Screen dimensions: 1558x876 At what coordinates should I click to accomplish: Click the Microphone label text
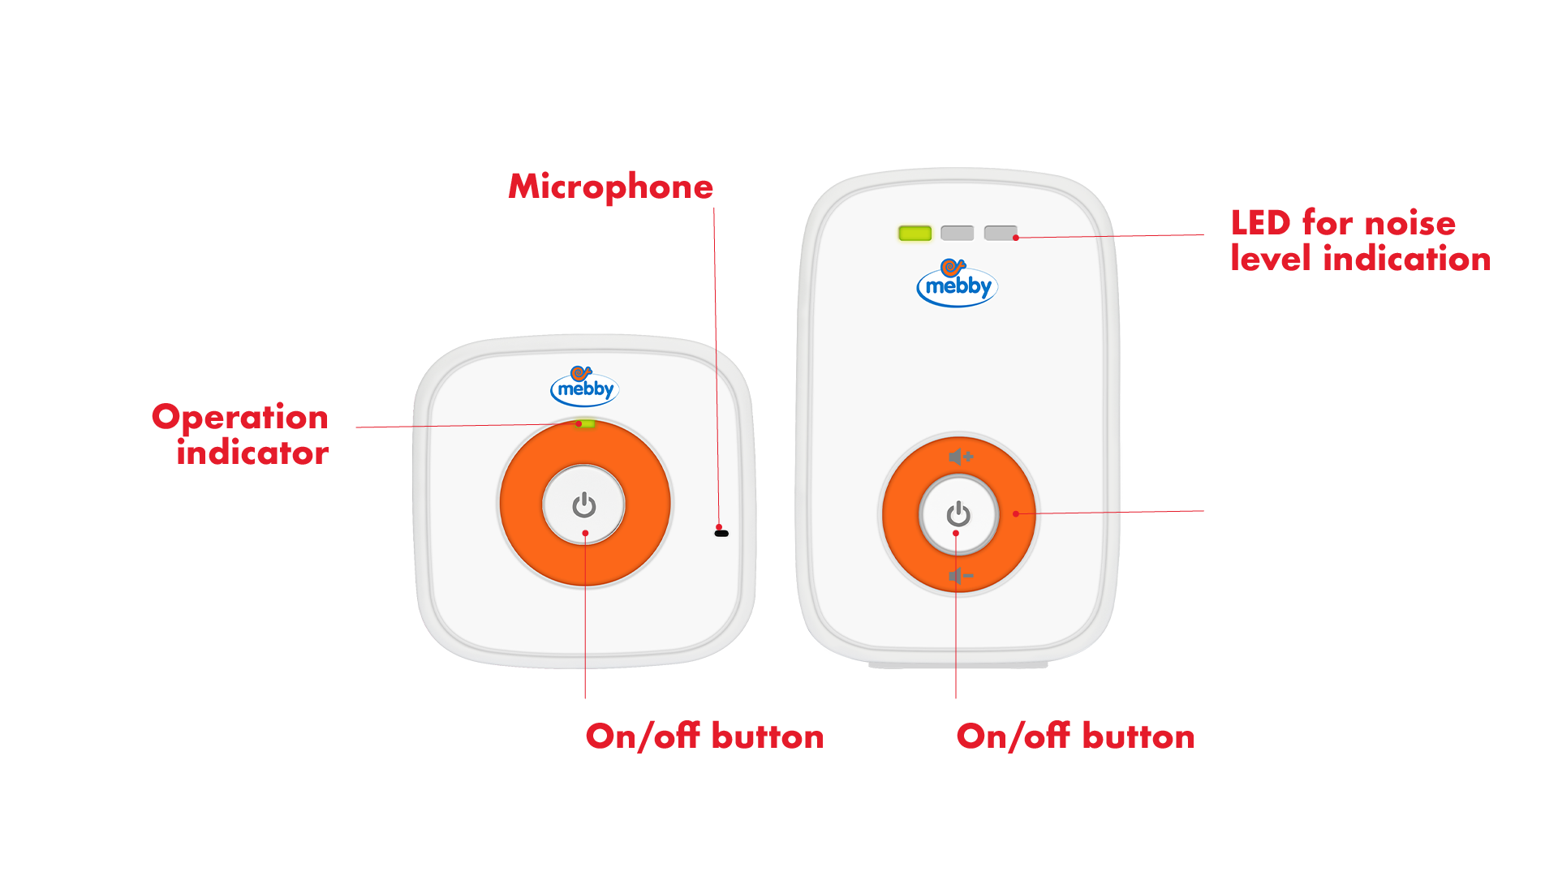(610, 187)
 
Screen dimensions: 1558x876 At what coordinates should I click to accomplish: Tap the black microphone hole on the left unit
(721, 534)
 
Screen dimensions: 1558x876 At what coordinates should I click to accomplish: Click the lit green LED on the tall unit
(915, 234)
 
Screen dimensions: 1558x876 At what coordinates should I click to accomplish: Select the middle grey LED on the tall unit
(958, 234)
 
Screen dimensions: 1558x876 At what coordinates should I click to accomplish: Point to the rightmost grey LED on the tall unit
(1000, 234)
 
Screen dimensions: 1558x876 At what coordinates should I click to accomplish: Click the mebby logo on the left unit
(584, 386)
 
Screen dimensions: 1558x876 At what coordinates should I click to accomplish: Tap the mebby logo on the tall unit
(957, 283)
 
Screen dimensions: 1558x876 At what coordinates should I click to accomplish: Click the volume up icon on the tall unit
(961, 457)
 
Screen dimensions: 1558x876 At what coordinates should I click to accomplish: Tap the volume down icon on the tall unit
(961, 576)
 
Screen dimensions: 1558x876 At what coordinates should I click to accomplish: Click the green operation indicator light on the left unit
(586, 423)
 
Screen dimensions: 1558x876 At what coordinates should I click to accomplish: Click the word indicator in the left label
(252, 453)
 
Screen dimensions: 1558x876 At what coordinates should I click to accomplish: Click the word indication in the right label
(1406, 259)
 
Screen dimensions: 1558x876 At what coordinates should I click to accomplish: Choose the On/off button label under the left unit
(704, 736)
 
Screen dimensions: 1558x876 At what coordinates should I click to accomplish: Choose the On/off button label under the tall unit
(1075, 736)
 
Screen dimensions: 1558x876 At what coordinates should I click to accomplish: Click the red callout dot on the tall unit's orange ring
(1016, 513)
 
